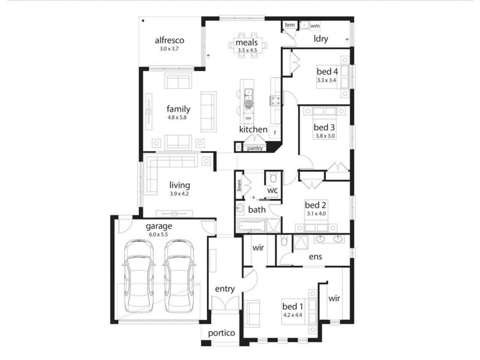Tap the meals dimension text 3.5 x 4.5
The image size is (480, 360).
tap(247, 51)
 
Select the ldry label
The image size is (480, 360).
tap(321, 39)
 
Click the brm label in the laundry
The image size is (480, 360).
tap(290, 25)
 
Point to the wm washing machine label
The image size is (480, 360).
tap(314, 26)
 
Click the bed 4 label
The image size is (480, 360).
tap(327, 71)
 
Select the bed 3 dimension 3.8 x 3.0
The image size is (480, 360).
tap(324, 136)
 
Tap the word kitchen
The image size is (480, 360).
tap(253, 129)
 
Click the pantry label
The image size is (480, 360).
tap(256, 147)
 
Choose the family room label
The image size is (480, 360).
tap(178, 109)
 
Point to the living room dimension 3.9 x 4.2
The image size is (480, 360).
tap(179, 194)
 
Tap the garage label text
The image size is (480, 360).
tap(159, 226)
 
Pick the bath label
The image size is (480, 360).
tap(257, 209)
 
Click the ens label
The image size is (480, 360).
tap(315, 256)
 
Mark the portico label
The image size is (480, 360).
tap(221, 333)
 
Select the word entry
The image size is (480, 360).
tap(224, 289)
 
